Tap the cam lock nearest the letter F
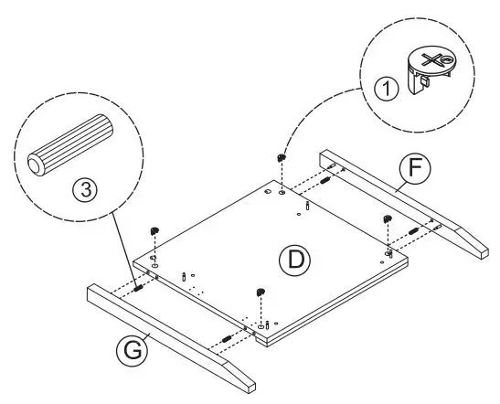pyautogui.click(x=387, y=218)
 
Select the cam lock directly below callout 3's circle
pyautogui.click(x=154, y=229)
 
